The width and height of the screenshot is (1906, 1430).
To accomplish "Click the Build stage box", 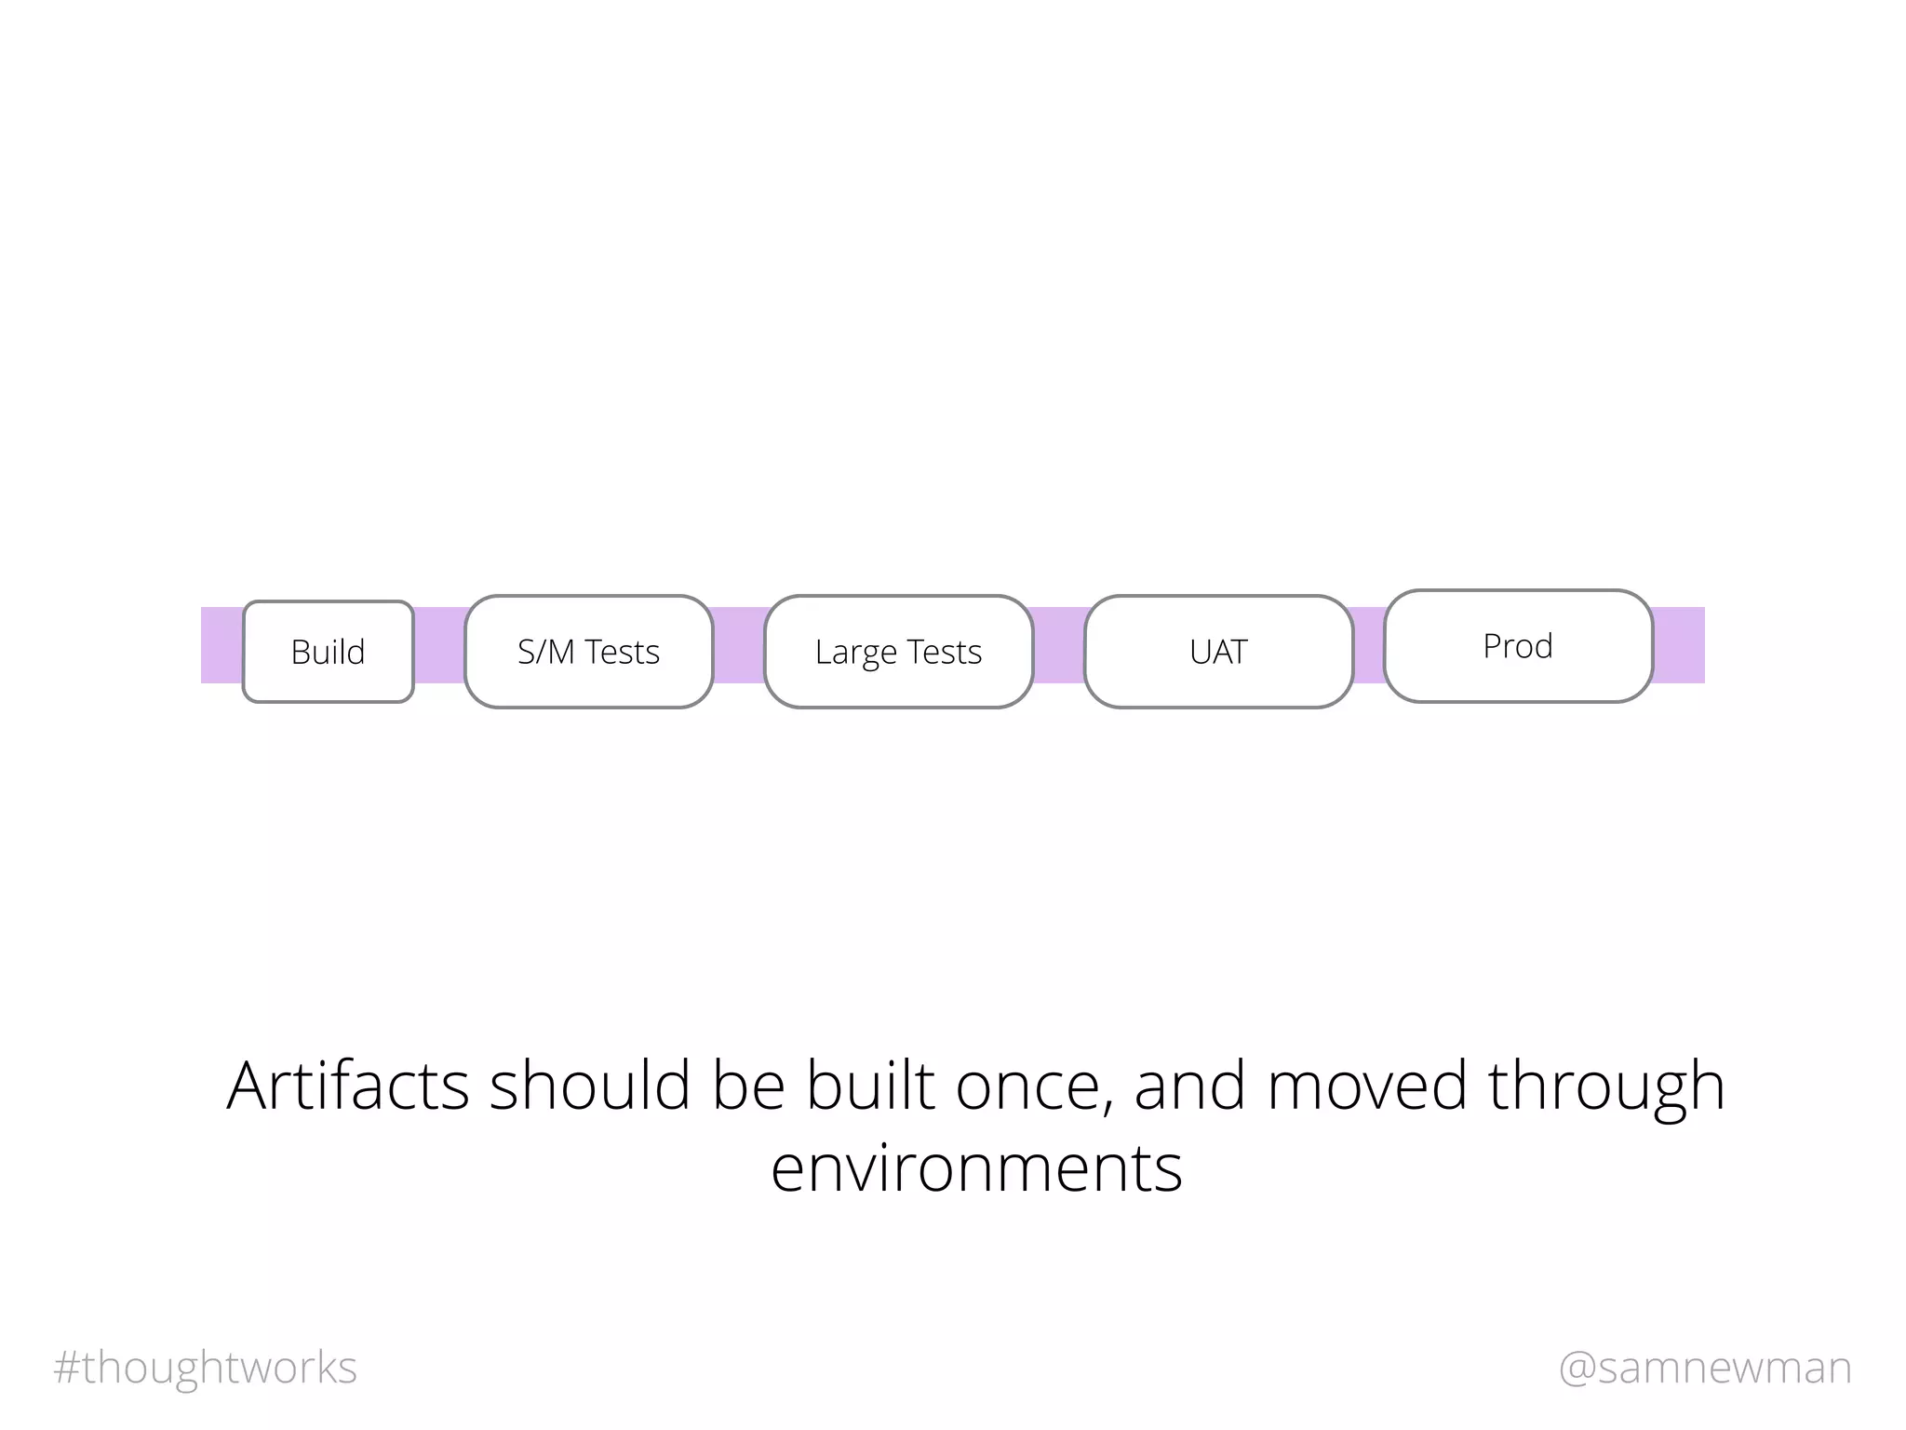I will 328,652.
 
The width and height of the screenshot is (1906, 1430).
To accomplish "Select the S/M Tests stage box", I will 588,652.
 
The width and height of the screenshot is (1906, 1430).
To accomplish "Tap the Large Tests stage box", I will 898,652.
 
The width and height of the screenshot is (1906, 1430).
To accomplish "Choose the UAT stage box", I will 1218,652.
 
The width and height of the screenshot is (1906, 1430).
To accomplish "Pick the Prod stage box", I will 1518,646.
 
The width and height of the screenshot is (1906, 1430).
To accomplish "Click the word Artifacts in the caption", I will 347,1086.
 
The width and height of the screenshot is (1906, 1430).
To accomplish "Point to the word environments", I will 976,1168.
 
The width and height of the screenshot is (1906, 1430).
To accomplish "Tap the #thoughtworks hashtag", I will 206,1368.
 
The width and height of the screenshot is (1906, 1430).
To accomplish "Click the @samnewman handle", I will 1705,1368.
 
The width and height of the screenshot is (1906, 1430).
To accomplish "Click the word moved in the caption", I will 1366,1086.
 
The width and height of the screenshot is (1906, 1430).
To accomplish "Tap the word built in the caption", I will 870,1086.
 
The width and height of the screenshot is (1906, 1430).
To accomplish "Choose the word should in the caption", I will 590,1086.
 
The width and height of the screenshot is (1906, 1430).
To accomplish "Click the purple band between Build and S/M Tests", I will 439,645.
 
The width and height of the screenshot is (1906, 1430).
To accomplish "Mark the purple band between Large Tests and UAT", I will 1059,645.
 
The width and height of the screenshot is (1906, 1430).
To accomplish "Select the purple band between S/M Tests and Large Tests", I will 739,645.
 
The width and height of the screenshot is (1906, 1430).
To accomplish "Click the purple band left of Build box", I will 221,645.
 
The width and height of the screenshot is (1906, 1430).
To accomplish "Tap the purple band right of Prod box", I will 1679,645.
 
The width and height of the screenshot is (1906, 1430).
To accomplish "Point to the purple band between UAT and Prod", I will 1368,645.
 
